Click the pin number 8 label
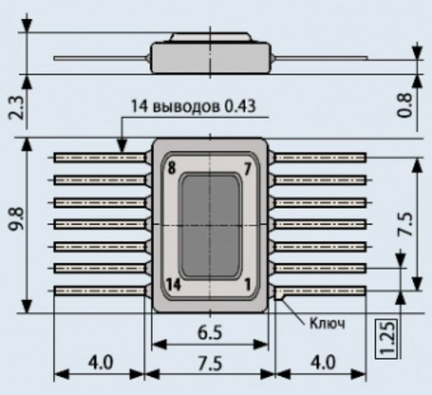(171, 168)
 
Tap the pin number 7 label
(247, 170)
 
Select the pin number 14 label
(174, 284)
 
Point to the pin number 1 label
(247, 284)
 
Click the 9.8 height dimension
(16, 219)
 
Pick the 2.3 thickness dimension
(16, 108)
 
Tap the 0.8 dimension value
(404, 105)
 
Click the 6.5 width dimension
(210, 333)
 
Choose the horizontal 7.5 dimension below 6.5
(210, 364)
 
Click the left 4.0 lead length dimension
(101, 363)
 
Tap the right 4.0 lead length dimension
(323, 363)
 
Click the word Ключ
(328, 323)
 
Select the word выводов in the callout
(186, 107)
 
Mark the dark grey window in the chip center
(211, 227)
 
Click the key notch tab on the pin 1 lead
(279, 297)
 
